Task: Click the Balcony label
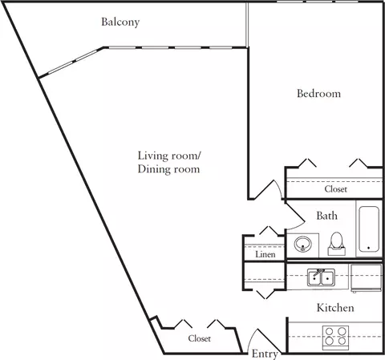tap(120, 22)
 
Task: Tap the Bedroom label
tap(318, 93)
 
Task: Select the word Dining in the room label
tap(151, 169)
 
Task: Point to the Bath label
tap(326, 216)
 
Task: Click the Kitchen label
tap(335, 308)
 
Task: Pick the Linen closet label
tap(265, 254)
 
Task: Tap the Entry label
tap(265, 354)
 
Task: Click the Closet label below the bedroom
tap(335, 189)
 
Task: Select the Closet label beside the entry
tap(199, 338)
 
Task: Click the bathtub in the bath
tap(369, 229)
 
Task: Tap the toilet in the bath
tap(337, 244)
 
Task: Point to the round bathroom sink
tap(303, 244)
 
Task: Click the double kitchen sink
tap(321, 277)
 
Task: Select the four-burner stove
tap(335, 338)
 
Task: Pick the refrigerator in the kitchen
tap(366, 278)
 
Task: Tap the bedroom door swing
tap(278, 187)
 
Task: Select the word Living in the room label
tap(152, 156)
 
